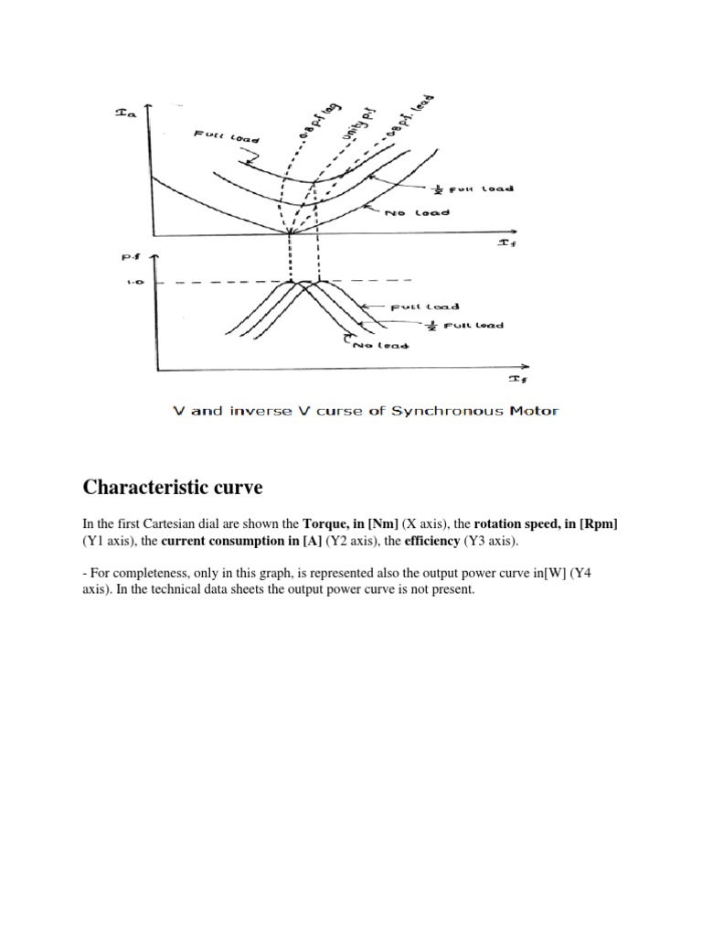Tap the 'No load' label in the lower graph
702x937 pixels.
tap(380, 346)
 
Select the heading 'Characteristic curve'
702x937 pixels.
tap(173, 488)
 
